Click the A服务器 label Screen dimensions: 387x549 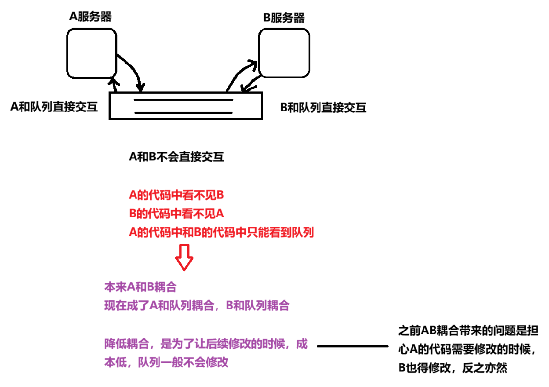pyautogui.click(x=91, y=17)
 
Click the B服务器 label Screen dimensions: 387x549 pyautogui.click(x=284, y=18)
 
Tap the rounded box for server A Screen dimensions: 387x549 pyautogui.click(x=91, y=52)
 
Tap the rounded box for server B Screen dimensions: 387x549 pyautogui.click(x=284, y=53)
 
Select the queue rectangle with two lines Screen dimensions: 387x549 pyautogui.click(x=185, y=106)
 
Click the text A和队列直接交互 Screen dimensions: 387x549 pyautogui.click(x=54, y=107)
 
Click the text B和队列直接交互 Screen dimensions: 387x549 pyautogui.click(x=323, y=108)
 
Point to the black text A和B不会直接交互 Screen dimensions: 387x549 pyautogui.click(x=176, y=157)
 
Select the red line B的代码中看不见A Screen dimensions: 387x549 pyautogui.click(x=176, y=214)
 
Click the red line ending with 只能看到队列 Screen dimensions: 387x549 pyautogui.click(x=221, y=233)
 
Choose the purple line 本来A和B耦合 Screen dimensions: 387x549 pyautogui.click(x=140, y=288)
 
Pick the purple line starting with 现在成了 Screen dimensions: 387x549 pyautogui.click(x=196, y=306)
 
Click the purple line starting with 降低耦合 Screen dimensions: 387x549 pyautogui.click(x=206, y=344)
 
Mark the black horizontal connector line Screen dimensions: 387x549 pyautogui.click(x=353, y=346)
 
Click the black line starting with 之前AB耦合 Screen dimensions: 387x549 pyautogui.click(x=468, y=331)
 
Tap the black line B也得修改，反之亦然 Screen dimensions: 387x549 pyautogui.click(x=453, y=368)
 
